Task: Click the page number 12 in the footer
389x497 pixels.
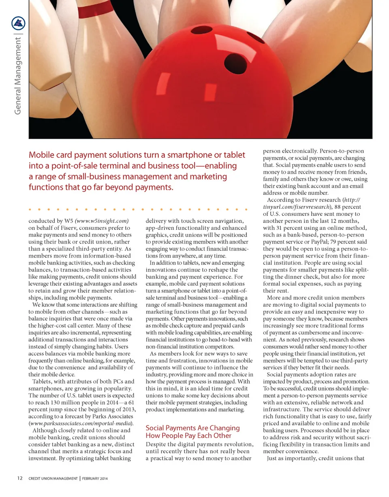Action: coord(19,478)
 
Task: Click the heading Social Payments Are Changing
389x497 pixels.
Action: coord(192,428)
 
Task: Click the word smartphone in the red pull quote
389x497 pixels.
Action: coord(192,155)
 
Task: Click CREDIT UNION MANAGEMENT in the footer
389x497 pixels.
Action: coord(53,478)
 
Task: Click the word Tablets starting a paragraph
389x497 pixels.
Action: coord(42,382)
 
